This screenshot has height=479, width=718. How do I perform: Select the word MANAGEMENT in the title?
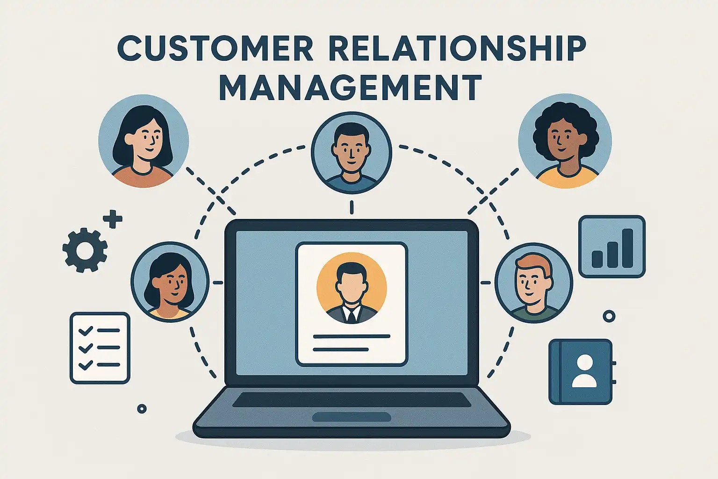tap(350, 87)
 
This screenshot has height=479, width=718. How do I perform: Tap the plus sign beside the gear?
tap(113, 219)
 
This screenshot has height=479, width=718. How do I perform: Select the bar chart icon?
tap(611, 246)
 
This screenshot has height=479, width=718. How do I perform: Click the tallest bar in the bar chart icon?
tap(627, 248)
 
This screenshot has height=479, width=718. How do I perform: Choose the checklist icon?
tap(100, 348)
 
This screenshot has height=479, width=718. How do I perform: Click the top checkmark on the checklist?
tap(85, 331)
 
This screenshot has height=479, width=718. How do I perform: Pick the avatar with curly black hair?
tap(565, 141)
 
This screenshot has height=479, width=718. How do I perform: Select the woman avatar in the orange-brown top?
tap(144, 141)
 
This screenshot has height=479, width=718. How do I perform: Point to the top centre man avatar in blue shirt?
tap(351, 152)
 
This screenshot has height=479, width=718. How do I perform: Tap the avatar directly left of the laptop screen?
tap(170, 282)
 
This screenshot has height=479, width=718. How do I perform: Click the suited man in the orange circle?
tap(352, 288)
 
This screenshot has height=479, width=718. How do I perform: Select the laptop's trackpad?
tap(352, 417)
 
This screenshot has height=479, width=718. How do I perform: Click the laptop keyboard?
tap(352, 399)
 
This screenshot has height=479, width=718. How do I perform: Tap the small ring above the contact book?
tap(609, 316)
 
